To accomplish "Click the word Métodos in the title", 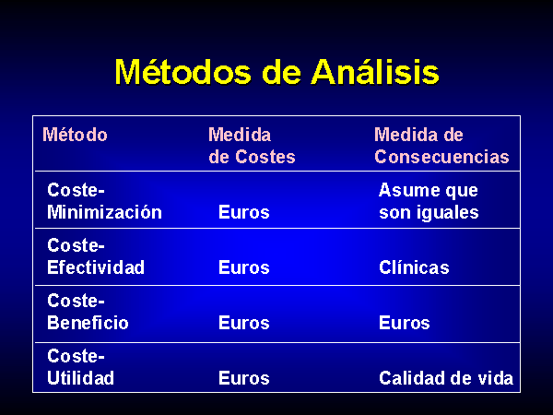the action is click(182, 72).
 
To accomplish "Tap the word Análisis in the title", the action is click(375, 72).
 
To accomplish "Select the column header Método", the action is click(75, 135).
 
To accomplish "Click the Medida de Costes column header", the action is click(252, 146).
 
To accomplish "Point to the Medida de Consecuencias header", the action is click(441, 146).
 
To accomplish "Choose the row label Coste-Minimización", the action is click(104, 201).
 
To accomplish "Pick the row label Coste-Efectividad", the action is click(96, 256).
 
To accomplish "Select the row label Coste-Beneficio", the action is click(88, 312).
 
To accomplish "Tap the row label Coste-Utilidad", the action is click(80, 367).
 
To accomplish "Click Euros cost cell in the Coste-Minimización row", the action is click(244, 212).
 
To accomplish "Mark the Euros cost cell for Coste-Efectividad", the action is click(244, 267).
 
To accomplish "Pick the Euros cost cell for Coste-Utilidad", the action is click(244, 378).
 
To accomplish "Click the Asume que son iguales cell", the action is click(429, 201).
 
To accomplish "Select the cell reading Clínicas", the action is click(414, 267).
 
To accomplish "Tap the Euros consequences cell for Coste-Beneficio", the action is click(405, 323).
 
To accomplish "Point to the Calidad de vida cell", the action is click(446, 378).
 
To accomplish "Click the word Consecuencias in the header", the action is click(441, 157).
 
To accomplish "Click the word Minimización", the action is click(104, 212).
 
